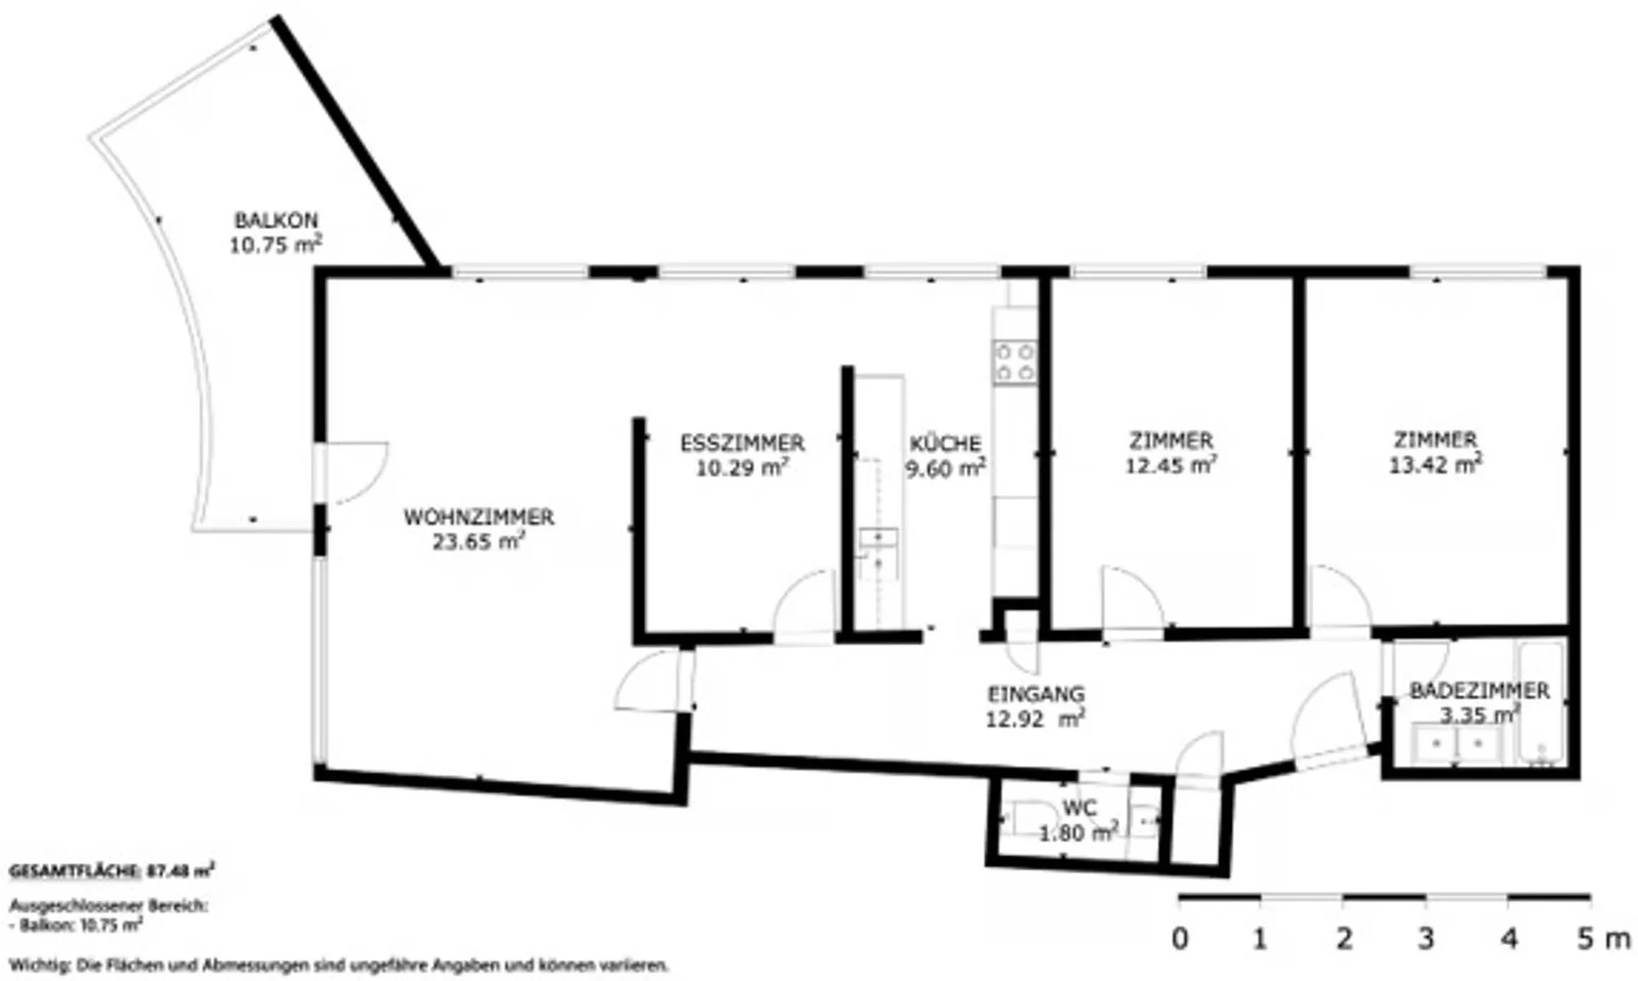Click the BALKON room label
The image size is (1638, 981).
[x=276, y=220]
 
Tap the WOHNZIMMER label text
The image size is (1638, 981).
[x=479, y=517]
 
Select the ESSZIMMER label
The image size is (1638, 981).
[x=742, y=444]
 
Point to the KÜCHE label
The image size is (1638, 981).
[x=945, y=444]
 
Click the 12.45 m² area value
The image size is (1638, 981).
[x=1171, y=465]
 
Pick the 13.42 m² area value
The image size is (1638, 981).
[x=1436, y=464]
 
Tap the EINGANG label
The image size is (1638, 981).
[x=1036, y=694]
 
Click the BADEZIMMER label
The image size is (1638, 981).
[x=1479, y=691]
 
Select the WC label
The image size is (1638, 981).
[x=1080, y=808]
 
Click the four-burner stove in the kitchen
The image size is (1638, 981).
[x=1015, y=361]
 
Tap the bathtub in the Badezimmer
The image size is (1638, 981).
[x=1541, y=702]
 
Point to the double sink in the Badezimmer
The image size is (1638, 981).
[x=1457, y=744]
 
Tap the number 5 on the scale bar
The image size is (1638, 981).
[x=1585, y=939]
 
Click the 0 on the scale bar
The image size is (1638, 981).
[x=1180, y=939]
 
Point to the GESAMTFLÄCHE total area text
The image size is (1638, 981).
[x=112, y=871]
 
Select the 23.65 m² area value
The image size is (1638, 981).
[x=479, y=542]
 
